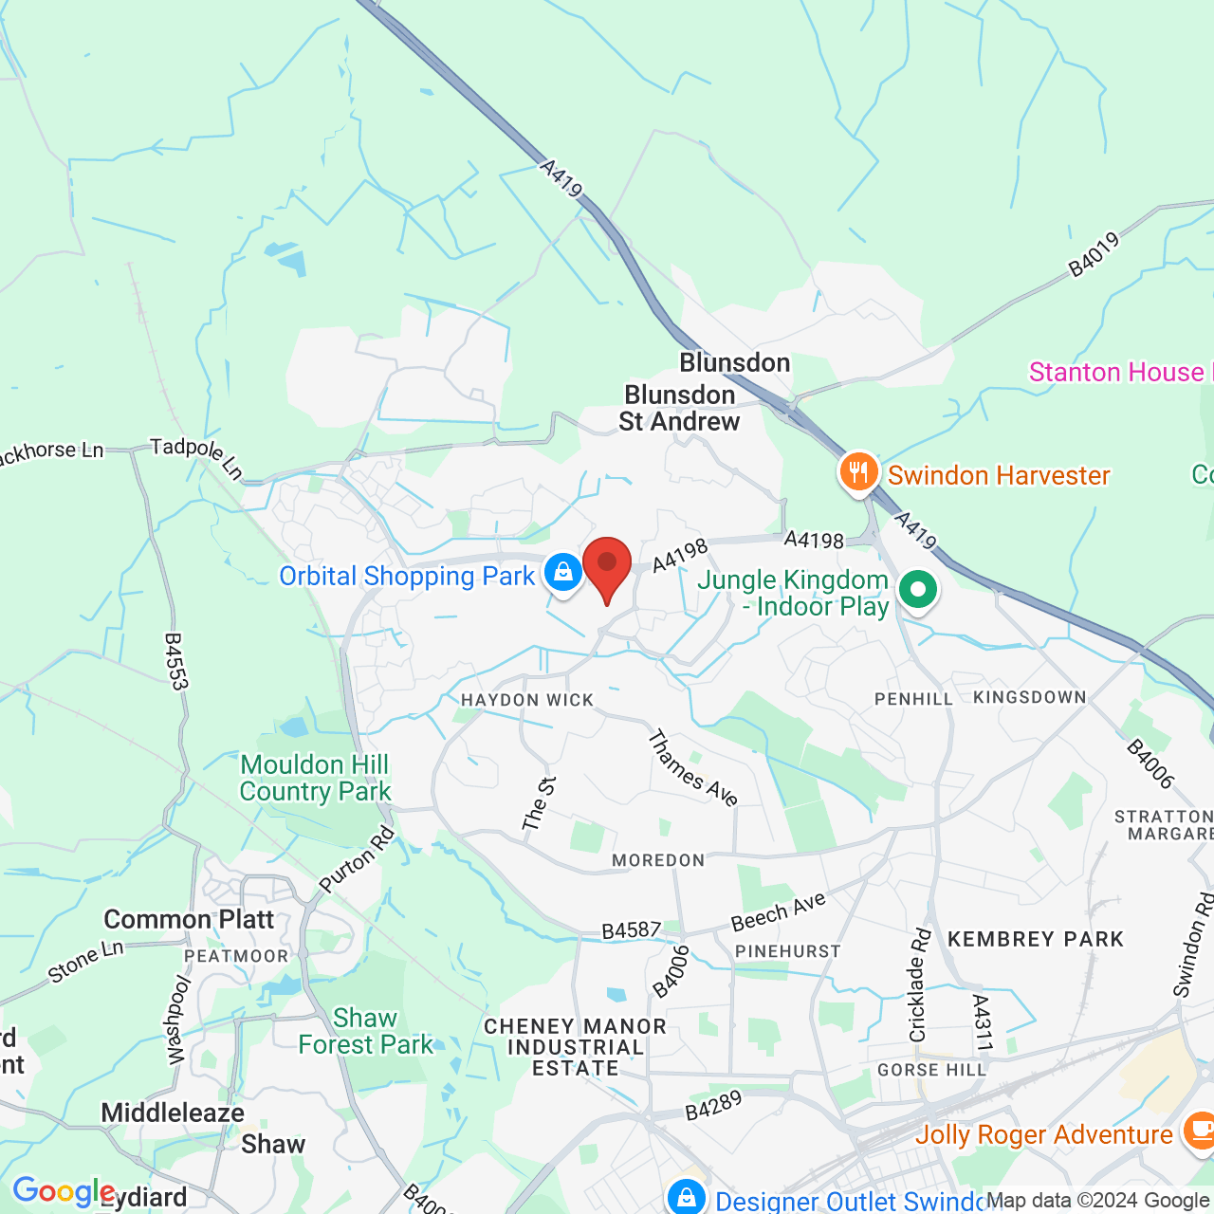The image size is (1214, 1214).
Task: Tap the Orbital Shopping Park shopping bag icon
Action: coord(563,573)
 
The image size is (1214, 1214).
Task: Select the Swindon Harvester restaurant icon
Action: coord(858,471)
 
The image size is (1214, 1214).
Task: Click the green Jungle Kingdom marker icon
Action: coord(917,590)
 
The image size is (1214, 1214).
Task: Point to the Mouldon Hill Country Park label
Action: coord(315,778)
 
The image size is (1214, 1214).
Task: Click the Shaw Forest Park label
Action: coord(365,1031)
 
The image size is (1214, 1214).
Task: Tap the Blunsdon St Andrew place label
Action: coord(679,408)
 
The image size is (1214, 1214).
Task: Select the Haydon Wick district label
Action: coord(527,700)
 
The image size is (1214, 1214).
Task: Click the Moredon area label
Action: coord(658,860)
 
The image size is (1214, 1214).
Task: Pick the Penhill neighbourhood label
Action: coord(913,699)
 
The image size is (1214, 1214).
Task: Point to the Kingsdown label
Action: coord(1030,697)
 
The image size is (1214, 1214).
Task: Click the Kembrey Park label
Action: coord(1036,939)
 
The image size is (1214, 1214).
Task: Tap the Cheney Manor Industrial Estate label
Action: coord(575,1047)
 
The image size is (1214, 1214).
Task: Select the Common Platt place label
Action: coord(189,919)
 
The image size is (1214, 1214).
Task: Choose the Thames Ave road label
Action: coord(692,767)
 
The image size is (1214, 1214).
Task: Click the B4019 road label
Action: coord(1094,254)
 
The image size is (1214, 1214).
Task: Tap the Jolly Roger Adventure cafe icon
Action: coord(1198,1132)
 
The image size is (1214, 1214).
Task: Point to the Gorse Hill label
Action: coord(931,1070)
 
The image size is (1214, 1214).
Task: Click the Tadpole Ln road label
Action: coord(197,456)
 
